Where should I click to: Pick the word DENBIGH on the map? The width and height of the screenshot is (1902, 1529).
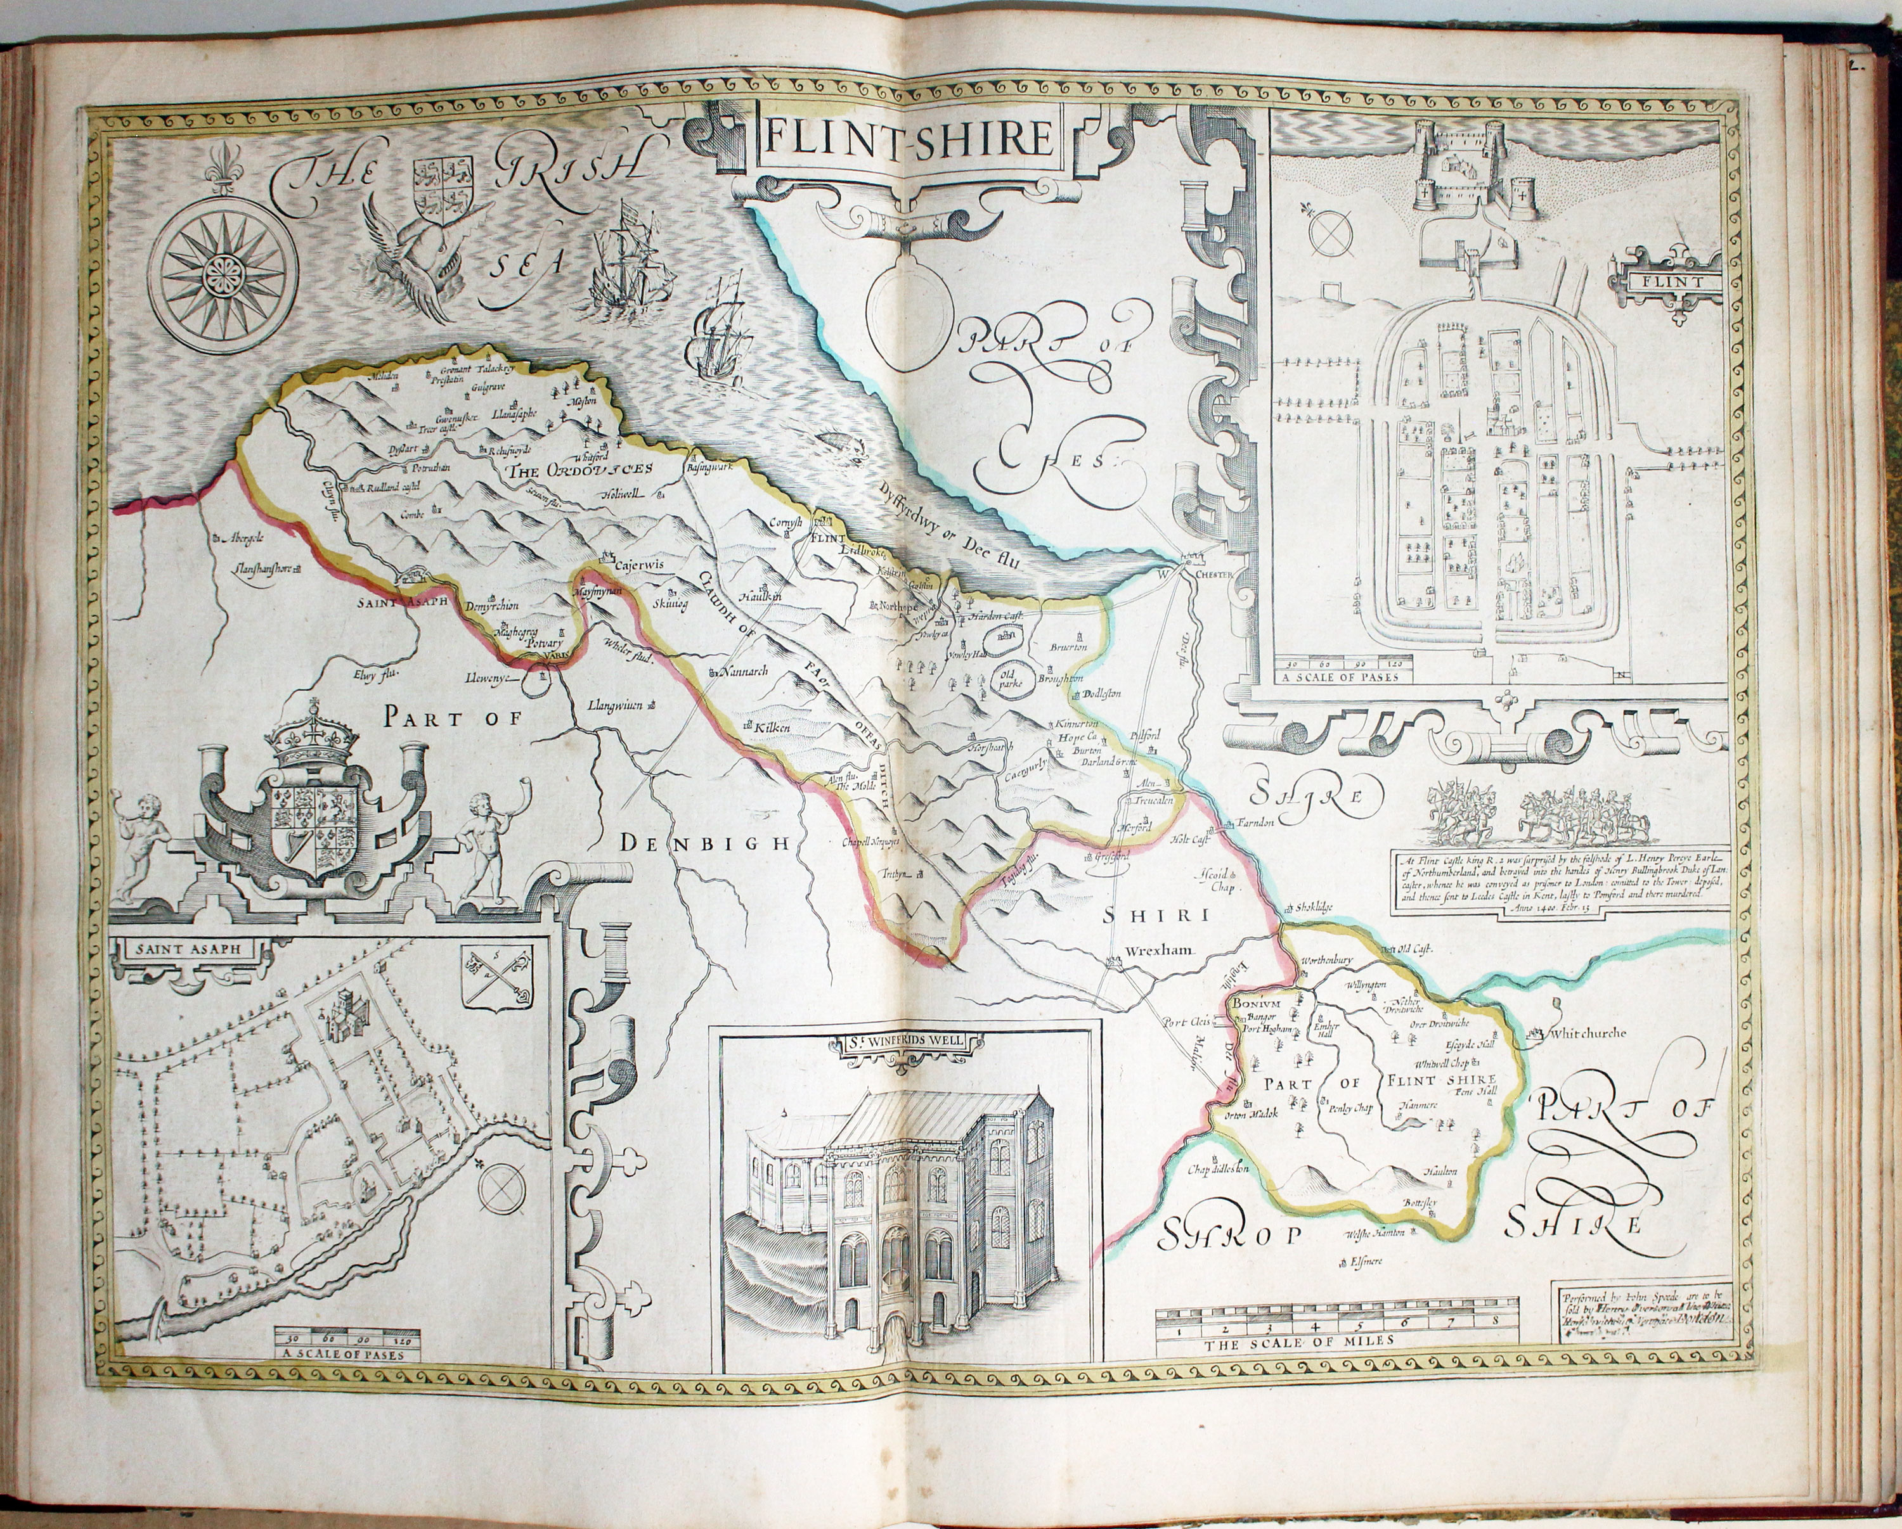[703, 844]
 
